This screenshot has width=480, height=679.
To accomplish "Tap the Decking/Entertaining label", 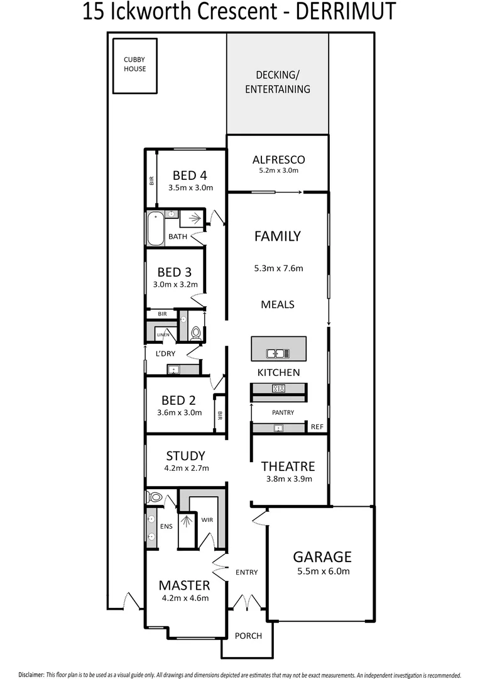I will [x=277, y=82].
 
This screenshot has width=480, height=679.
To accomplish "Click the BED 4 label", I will [x=190, y=175].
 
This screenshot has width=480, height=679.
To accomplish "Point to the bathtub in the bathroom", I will [x=155, y=229].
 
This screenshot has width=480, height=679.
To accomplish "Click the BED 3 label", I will [x=174, y=272].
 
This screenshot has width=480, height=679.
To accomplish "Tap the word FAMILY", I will [x=277, y=236].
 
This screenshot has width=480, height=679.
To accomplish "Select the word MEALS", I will [x=277, y=304].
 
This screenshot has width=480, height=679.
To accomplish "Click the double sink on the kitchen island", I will [x=277, y=353].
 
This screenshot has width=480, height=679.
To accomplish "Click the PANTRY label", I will [x=283, y=412].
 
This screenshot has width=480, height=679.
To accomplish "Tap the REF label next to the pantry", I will [x=317, y=428].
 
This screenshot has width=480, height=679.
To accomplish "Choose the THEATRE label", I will [x=288, y=466].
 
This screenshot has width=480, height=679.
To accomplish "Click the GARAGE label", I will [x=322, y=557].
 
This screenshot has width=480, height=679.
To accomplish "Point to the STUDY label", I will [x=185, y=456].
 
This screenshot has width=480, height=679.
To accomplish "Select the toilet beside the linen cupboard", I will [x=195, y=333].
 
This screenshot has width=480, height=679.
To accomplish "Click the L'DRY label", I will [x=165, y=353].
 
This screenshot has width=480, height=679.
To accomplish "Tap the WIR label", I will [x=207, y=520].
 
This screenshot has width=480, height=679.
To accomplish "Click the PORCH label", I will [x=248, y=636].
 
